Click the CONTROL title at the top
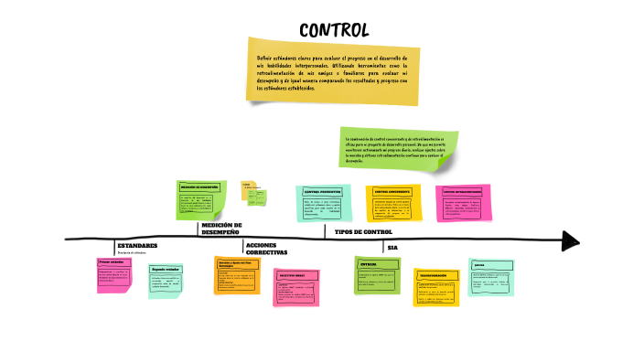334,31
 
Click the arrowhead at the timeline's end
571,240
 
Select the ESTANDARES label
137,246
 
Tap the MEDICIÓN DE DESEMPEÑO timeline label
221,229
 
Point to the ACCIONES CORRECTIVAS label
267,249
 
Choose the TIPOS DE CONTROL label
363,232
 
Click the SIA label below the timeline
392,248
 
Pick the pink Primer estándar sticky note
113,274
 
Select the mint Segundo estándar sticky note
166,281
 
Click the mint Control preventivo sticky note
323,203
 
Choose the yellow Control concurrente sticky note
392,203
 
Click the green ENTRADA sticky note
377,274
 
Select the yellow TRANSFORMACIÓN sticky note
435,286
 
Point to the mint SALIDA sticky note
490,277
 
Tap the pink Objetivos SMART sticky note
295,286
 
